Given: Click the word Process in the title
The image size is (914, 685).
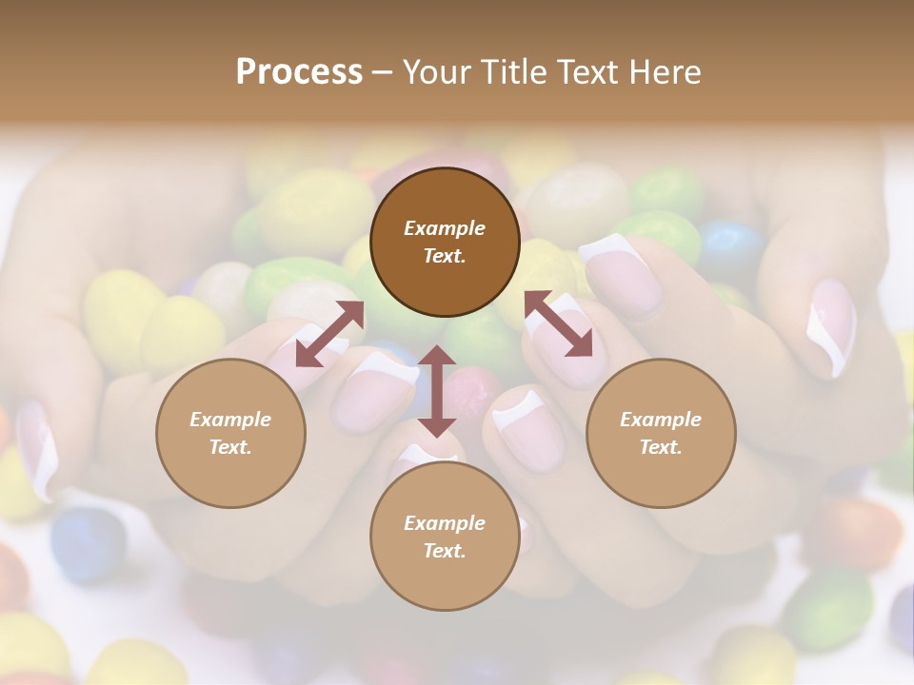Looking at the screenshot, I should point(299,72).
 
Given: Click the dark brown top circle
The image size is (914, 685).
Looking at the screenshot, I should point(445,242).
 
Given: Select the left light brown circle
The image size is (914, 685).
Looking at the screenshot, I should point(230,433).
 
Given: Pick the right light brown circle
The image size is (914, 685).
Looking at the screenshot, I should point(661,433).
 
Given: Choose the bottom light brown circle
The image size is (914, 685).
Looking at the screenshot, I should point(445,537).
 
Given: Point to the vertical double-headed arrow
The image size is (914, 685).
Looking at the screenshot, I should point(437,390).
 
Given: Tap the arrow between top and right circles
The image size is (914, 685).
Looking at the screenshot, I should point(558,323).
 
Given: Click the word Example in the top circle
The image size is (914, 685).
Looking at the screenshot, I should point(445,228).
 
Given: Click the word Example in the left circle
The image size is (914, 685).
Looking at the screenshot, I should point(230,420).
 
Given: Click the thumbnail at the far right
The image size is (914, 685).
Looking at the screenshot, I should point(830,328).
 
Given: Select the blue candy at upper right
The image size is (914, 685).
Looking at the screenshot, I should point(731,245).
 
